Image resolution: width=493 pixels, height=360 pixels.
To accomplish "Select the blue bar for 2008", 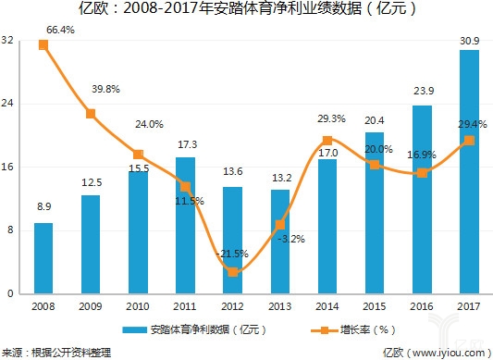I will [43, 258].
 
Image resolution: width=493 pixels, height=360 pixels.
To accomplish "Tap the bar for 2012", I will [233, 240].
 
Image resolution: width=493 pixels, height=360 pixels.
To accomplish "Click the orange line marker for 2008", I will [43, 44].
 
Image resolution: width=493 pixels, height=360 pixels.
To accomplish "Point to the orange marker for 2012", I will [233, 271].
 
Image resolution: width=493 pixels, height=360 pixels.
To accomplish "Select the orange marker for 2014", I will [327, 141].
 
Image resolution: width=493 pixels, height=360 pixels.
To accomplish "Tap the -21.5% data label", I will [233, 253].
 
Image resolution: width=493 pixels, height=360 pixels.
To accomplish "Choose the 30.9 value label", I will [469, 41].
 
